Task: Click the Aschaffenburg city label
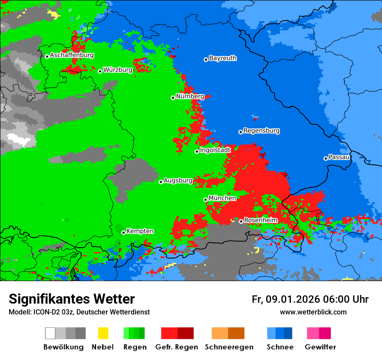pyautogui.click(x=72, y=56)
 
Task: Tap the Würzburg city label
pyautogui.click(x=118, y=70)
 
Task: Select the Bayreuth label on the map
pyautogui.click(x=223, y=58)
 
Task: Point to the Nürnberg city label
pyautogui.click(x=190, y=96)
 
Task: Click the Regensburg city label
pyautogui.click(x=261, y=131)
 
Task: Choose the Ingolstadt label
pyautogui.click(x=215, y=150)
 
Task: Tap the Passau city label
pyautogui.click(x=339, y=157)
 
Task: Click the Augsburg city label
pyautogui.click(x=178, y=180)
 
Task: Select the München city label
pyautogui.click(x=222, y=198)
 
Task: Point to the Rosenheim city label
pyautogui.click(x=260, y=220)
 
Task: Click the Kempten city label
pyautogui.click(x=140, y=231)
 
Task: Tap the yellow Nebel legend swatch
pyautogui.click(x=103, y=333)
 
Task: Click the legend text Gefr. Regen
pyautogui.click(x=177, y=347)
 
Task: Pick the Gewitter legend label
pyautogui.click(x=320, y=347)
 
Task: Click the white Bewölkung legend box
pyautogui.click(x=50, y=333)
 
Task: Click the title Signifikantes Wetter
pyautogui.click(x=72, y=299)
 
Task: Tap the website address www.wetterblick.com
pyautogui.click(x=313, y=312)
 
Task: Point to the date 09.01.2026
pyautogui.click(x=293, y=299)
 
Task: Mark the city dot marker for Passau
pyautogui.click(x=326, y=158)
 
